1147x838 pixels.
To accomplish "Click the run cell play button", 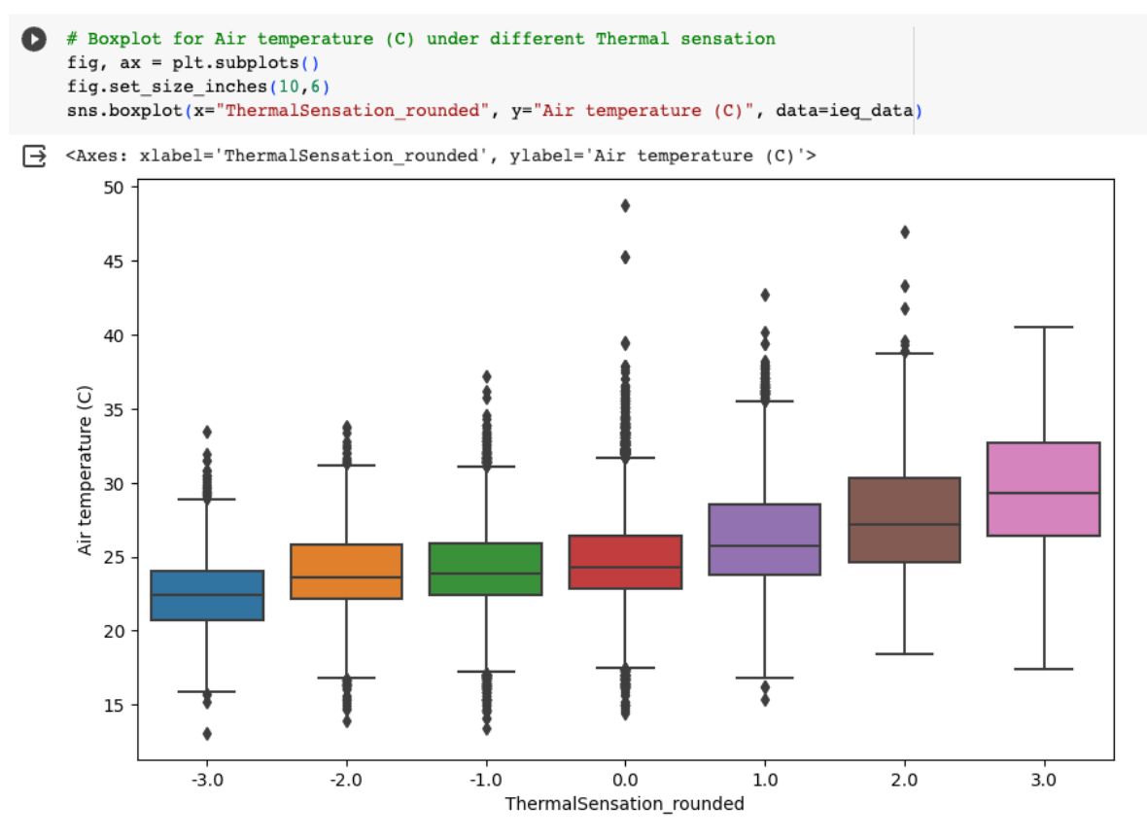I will coord(34,40).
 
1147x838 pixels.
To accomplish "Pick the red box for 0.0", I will coord(625,562).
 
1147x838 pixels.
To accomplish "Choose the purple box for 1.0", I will coord(764,540).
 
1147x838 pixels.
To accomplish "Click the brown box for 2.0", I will coord(904,520).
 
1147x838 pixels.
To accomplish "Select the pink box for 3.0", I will coord(1043,489).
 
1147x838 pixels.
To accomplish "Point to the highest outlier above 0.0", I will coord(625,205).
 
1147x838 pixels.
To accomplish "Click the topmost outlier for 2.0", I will coord(904,231).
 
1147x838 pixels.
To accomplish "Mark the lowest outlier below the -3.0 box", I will coord(206,733).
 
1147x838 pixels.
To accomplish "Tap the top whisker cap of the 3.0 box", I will coord(1043,328).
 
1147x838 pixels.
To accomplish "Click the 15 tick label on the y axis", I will coord(115,705).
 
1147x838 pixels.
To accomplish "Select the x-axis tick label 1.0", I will coord(764,780).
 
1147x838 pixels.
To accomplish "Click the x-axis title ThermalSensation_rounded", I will coord(624,804).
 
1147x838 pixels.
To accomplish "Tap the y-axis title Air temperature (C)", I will coord(86,482).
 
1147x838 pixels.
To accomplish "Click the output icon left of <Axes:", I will coord(34,156).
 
